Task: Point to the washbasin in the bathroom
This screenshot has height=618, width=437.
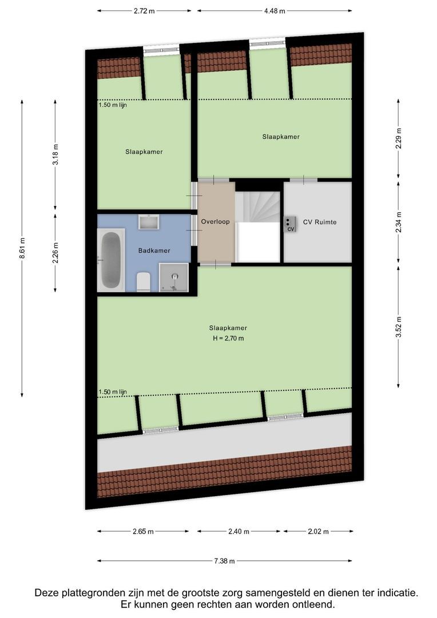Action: tap(150, 222)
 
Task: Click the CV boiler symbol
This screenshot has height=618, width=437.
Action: tap(289, 224)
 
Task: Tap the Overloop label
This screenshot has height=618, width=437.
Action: tap(215, 221)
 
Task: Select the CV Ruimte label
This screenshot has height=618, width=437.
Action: tap(319, 221)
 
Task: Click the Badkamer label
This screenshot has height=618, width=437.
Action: tap(154, 250)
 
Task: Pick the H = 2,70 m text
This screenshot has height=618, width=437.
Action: tap(228, 338)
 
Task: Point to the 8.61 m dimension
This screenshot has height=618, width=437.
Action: tap(22, 248)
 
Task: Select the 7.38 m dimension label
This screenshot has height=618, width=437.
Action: tap(224, 561)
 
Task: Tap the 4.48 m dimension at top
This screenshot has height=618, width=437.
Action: tap(275, 10)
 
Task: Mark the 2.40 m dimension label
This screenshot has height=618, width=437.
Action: tap(239, 532)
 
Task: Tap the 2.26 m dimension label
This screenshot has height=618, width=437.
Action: tap(55, 252)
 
